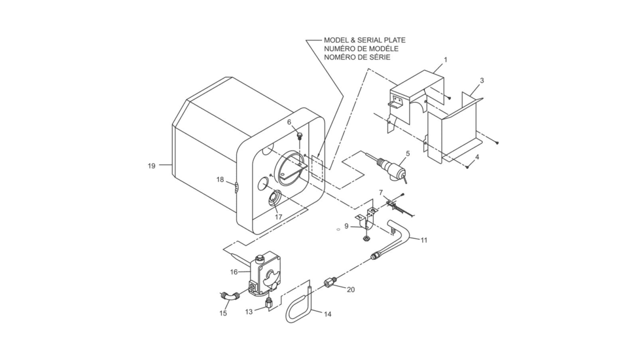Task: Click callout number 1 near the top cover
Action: click(445, 60)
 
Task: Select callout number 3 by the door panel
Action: click(482, 81)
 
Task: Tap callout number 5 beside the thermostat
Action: click(407, 154)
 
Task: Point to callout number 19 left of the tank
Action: click(151, 166)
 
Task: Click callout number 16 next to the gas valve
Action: click(234, 272)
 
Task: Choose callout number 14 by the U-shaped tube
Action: click(327, 314)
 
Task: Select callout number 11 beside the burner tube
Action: click(423, 240)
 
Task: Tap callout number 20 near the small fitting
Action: click(350, 289)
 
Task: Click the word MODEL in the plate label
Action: click(338, 40)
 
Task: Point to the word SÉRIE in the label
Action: click(379, 58)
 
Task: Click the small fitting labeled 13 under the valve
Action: click(269, 302)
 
